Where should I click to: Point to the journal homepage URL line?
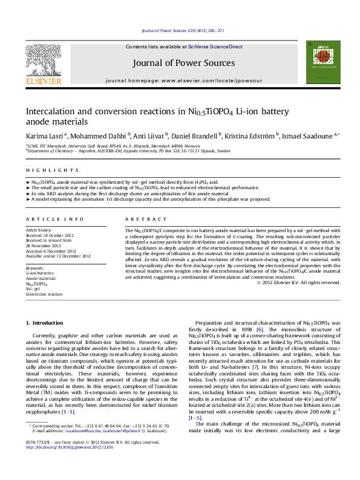coord(180,80)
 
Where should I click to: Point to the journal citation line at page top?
coord(180,30)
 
